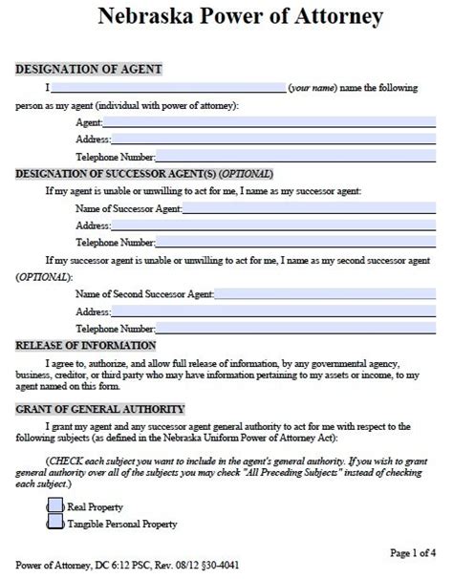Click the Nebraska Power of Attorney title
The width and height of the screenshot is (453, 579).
[x=226, y=18]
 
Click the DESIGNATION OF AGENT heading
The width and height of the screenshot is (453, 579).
[x=88, y=70]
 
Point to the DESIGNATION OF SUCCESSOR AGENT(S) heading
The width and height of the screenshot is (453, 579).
[x=143, y=174]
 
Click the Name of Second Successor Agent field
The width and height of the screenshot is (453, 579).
[x=315, y=294]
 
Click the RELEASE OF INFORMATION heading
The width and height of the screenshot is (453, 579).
[x=86, y=346]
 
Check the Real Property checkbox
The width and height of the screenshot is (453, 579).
[x=56, y=505]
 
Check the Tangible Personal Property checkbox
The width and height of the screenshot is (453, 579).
[x=56, y=523]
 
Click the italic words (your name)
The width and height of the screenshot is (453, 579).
[x=316, y=88]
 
